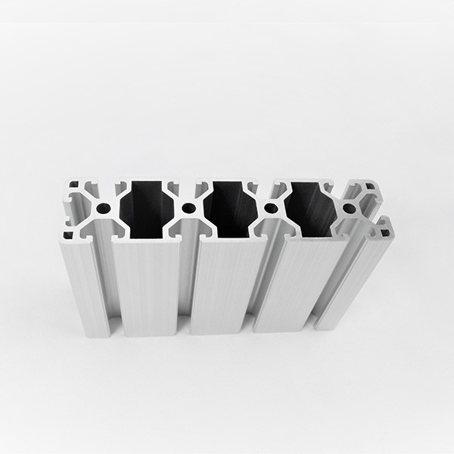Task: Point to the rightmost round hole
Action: coord(349,207)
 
